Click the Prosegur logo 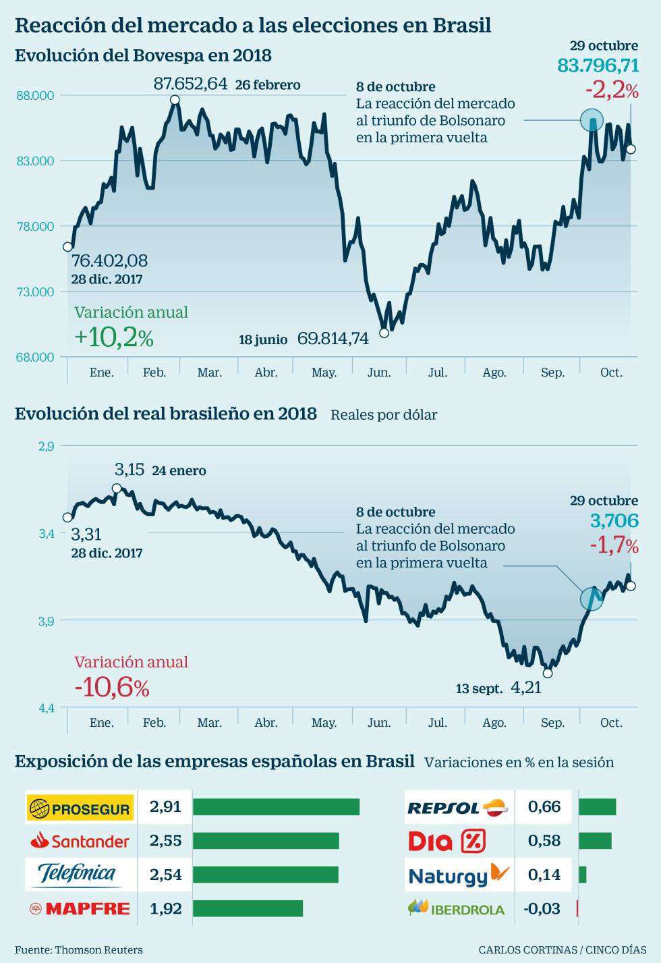click(x=81, y=808)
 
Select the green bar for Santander click(x=266, y=841)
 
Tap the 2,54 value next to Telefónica click(x=165, y=875)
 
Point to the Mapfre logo click(x=80, y=909)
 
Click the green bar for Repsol click(x=597, y=807)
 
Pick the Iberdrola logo click(x=457, y=908)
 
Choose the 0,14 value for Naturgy click(x=544, y=875)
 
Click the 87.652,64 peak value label click(x=190, y=84)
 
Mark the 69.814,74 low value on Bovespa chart click(x=333, y=339)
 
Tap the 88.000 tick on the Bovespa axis click(x=35, y=95)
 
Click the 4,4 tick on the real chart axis click(x=46, y=709)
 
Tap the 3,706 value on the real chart click(x=614, y=521)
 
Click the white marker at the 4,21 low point click(x=548, y=673)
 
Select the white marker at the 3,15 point click(x=117, y=488)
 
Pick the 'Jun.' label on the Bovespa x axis click(x=379, y=373)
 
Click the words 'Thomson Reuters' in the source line click(x=98, y=950)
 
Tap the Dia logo click(x=447, y=841)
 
